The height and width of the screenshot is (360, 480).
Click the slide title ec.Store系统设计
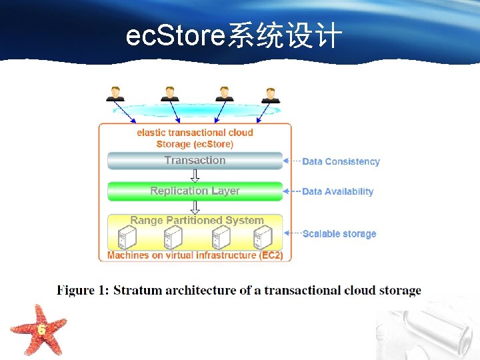[234, 37]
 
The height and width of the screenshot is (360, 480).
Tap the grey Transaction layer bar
[195, 161]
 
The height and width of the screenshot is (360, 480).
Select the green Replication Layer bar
[195, 191]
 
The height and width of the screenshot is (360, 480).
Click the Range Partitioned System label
[197, 220]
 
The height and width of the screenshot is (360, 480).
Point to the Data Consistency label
[341, 161]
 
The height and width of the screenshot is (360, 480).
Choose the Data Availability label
[337, 191]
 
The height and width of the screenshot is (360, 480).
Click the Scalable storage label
[339, 234]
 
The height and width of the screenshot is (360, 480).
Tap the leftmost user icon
[115, 93]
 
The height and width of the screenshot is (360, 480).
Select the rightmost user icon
[270, 95]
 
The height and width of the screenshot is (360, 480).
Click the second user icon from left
[169, 93]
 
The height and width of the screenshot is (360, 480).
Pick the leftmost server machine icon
[126, 237]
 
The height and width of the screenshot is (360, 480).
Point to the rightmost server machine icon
[263, 237]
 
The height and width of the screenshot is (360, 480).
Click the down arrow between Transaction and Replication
[195, 175]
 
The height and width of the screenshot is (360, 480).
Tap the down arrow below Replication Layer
[195, 207]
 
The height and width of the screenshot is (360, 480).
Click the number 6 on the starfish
[41, 330]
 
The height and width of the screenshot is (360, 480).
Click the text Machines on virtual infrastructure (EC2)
[195, 255]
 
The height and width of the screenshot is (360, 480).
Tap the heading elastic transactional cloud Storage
[195, 138]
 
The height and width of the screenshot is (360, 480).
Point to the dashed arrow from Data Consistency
[291, 161]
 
